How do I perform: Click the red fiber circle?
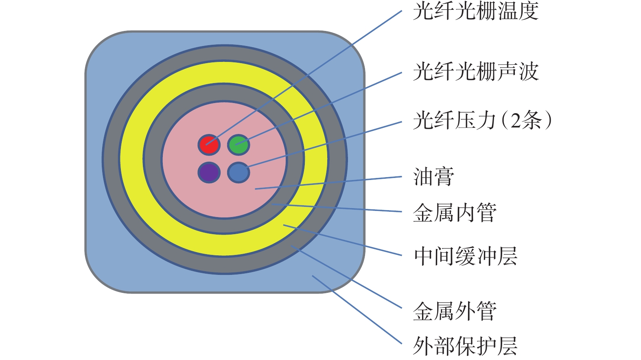tap(209, 145)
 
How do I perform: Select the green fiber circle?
tap(238, 145)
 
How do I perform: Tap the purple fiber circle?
tap(209, 172)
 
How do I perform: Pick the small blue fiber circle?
tap(238, 172)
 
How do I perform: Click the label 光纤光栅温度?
tap(475, 11)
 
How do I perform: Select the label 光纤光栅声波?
tap(475, 72)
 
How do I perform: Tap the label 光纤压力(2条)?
tap(483, 121)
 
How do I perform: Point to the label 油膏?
tap(434, 177)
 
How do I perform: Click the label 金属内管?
tap(455, 213)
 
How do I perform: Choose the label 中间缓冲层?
tap(465, 256)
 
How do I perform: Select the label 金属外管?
tap(455, 312)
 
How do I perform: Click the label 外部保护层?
tap(465, 346)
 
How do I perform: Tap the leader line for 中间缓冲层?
tap(346, 241)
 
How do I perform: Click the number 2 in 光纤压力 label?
tap(515, 121)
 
